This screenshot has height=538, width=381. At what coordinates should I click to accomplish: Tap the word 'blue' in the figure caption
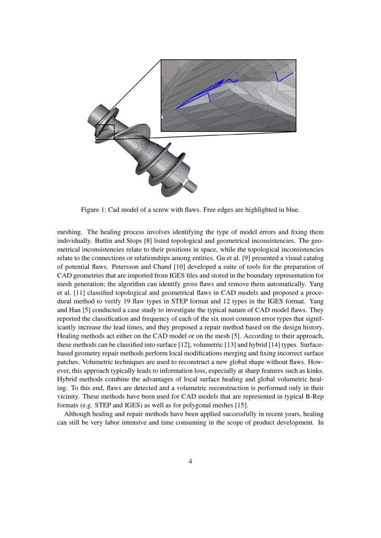click(x=292, y=210)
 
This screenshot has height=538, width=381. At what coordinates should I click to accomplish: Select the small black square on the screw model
click(x=105, y=132)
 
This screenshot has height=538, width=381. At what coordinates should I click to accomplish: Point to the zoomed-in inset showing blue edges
click(x=228, y=95)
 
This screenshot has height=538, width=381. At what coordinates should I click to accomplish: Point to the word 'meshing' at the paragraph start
click(x=68, y=232)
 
